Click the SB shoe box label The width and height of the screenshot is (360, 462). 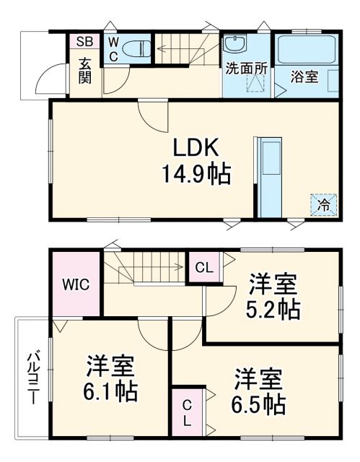click(x=84, y=41)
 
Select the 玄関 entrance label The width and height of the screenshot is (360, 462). click(x=84, y=70)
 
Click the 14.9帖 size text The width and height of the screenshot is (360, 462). click(x=196, y=174)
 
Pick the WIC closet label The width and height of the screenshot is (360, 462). click(x=76, y=284)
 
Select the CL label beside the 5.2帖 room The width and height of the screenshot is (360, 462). click(x=204, y=268)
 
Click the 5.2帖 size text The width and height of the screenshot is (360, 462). click(x=273, y=309)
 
